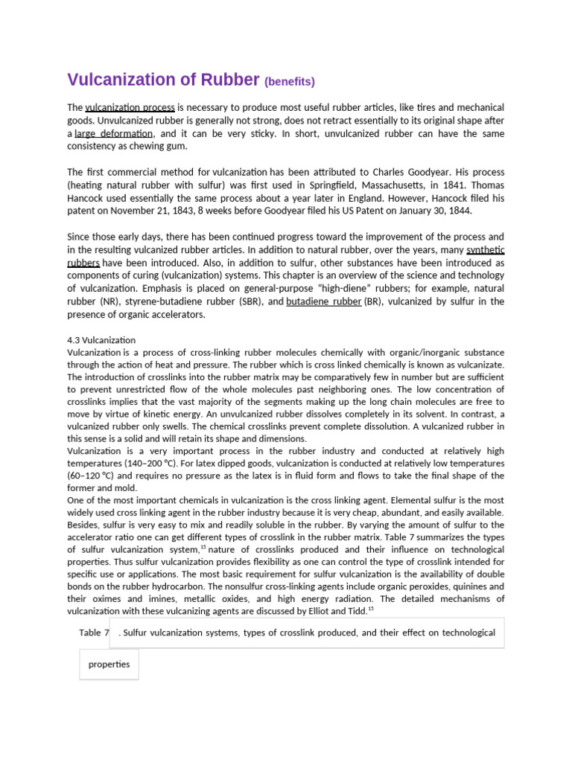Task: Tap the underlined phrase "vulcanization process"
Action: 130,107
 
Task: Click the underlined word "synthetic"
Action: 485,250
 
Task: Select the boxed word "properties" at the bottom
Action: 109,664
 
